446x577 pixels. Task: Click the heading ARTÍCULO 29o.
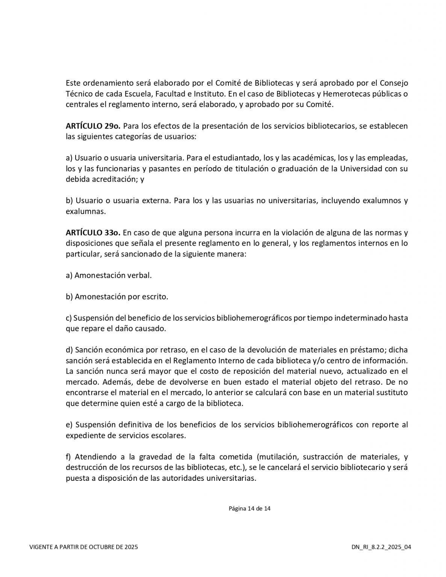click(x=92, y=126)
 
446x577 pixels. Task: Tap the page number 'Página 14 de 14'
click(x=249, y=509)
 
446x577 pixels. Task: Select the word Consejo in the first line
click(x=394, y=83)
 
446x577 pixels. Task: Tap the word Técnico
click(x=80, y=94)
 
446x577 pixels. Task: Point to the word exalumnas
click(x=85, y=211)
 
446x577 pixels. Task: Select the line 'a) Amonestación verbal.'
click(x=109, y=275)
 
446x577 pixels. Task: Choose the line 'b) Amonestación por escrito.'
click(x=117, y=297)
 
